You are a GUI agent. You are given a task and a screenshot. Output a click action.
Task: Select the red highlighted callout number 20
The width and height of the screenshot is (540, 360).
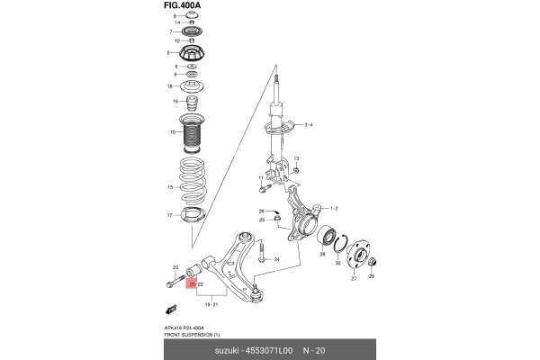(192, 283)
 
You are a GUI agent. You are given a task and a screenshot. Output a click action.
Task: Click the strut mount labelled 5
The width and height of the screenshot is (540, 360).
(193, 55)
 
